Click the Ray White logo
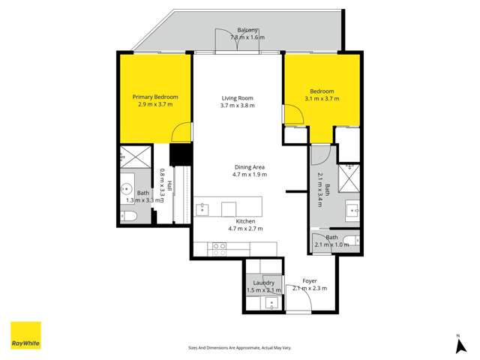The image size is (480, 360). (25, 335)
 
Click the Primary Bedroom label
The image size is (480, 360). (155, 97)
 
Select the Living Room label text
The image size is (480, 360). (238, 97)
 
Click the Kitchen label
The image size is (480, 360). (245, 222)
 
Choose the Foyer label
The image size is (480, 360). (309, 280)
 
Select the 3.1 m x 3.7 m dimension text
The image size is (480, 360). (322, 98)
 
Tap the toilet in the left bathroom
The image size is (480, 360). (128, 216)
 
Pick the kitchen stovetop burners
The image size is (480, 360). (218, 249)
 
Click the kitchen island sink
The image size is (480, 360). (203, 208)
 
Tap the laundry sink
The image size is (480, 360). (272, 302)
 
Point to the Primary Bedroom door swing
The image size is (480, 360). (180, 133)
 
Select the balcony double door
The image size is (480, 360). (238, 43)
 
